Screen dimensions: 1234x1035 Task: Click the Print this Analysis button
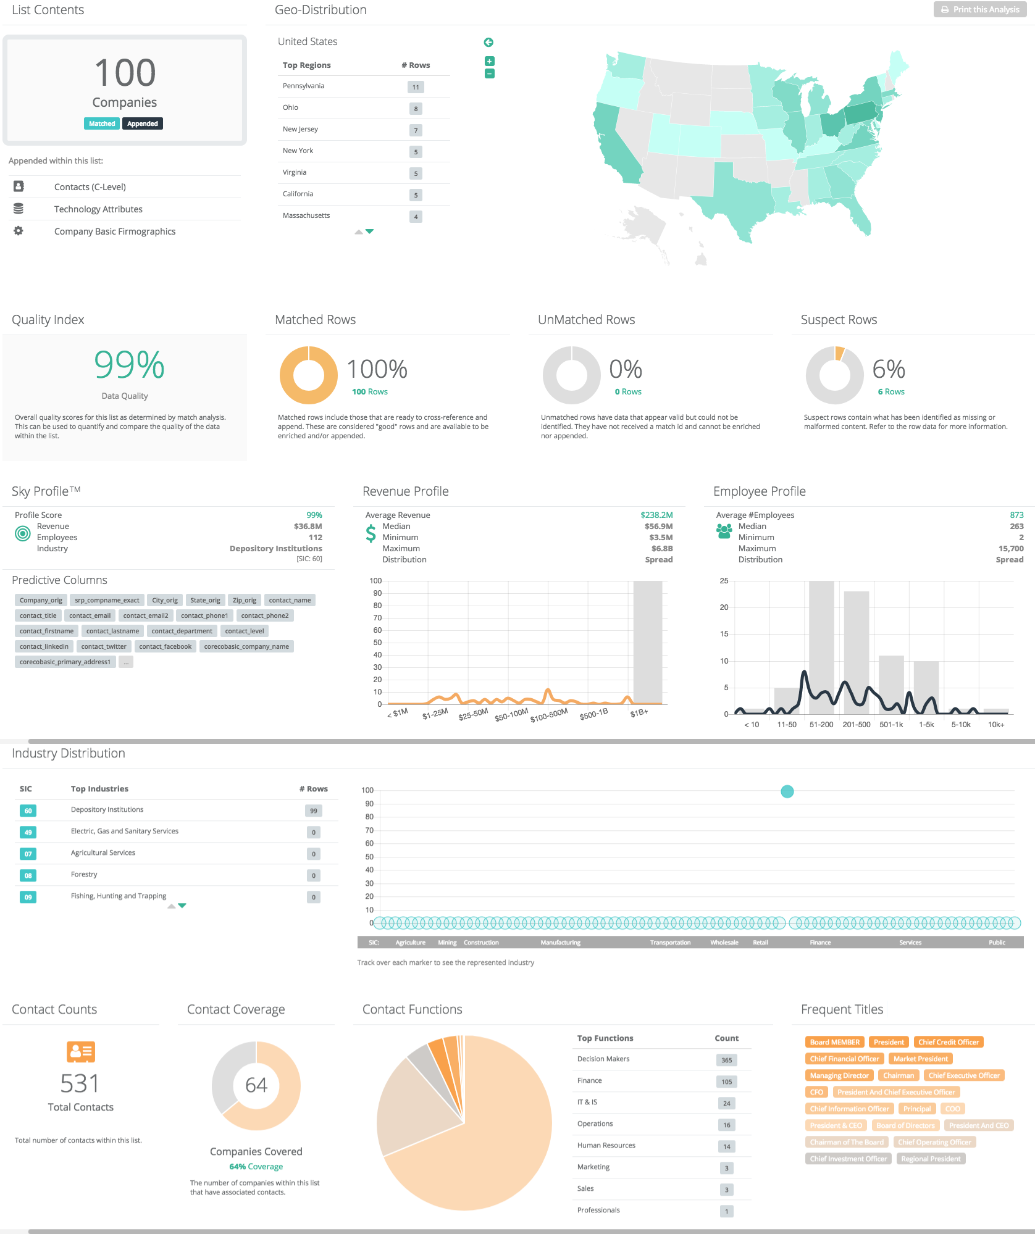[980, 9]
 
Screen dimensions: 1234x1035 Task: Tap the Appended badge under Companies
[142, 123]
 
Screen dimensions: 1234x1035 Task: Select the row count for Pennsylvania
[416, 87]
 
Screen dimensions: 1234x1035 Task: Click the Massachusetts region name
[306, 215]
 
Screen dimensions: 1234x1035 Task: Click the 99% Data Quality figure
[129, 365]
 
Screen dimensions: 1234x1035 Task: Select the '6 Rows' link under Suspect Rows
[891, 391]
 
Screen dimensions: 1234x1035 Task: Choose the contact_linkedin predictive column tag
[44, 646]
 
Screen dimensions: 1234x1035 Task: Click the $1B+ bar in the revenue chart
[648, 642]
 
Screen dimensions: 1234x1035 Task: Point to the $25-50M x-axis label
[473, 714]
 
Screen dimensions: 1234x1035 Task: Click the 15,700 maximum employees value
[1010, 548]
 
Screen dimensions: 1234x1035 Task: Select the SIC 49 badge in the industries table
[28, 832]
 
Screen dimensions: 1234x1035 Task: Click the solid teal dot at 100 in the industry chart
[787, 791]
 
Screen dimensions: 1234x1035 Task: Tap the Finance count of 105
[727, 1082]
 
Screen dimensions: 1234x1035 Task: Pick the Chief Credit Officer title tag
[948, 1042]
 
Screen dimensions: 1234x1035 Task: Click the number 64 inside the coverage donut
[256, 1085]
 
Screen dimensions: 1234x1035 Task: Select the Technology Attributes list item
[98, 209]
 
